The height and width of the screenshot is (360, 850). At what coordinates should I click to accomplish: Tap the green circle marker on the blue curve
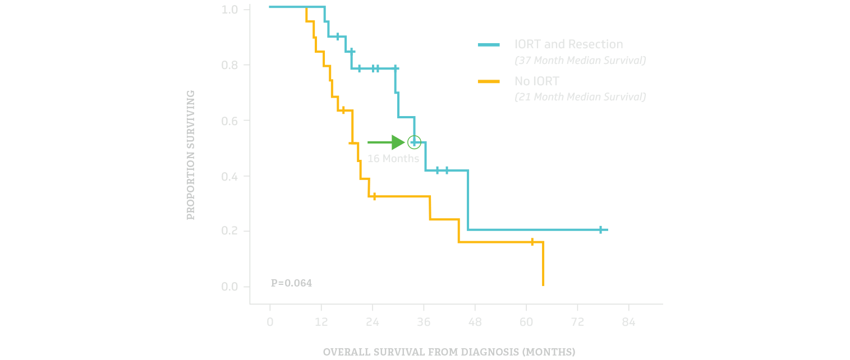click(x=414, y=142)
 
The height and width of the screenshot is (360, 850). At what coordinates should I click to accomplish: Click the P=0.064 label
click(x=291, y=283)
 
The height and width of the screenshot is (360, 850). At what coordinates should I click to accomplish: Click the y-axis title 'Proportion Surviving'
click(x=191, y=154)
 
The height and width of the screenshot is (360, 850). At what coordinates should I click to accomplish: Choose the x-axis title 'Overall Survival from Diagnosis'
click(x=449, y=352)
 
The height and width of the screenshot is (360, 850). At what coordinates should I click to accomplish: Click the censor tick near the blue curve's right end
click(x=600, y=229)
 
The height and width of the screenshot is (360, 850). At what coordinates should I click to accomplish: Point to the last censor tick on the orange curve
click(x=532, y=242)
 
